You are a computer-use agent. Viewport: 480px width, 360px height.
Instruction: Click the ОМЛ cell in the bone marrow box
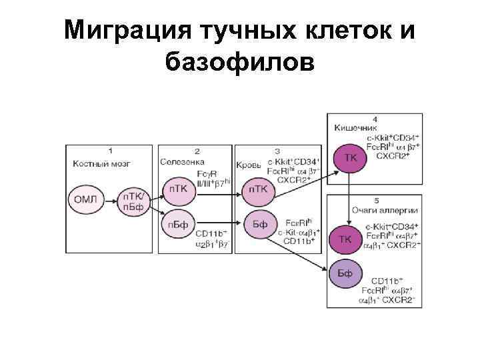[x=86, y=199]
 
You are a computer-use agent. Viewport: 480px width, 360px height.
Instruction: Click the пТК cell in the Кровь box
[x=259, y=190]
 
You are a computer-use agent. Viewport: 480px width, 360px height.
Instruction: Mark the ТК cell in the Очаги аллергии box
[x=346, y=239]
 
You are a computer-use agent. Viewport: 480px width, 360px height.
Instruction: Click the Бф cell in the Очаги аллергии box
[x=346, y=273]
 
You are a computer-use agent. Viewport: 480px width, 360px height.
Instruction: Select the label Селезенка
[x=183, y=161]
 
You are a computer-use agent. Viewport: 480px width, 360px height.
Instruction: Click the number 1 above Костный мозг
[x=110, y=151]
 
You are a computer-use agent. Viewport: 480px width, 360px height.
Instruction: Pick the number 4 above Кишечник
[x=374, y=118]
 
